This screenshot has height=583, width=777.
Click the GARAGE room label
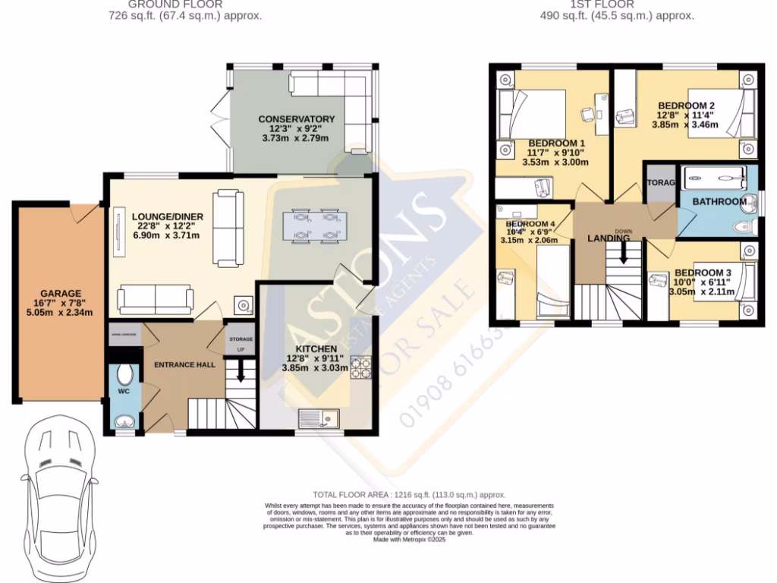(x=61, y=294)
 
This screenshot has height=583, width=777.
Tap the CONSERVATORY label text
(x=296, y=119)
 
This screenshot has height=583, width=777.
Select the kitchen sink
(x=319, y=418)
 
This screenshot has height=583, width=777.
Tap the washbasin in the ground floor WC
(x=124, y=421)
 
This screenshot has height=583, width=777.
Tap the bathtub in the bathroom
(x=715, y=178)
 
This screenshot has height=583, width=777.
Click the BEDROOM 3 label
(x=702, y=273)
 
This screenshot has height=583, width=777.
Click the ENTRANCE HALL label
(x=184, y=364)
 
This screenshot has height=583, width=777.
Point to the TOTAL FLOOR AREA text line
(x=409, y=494)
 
